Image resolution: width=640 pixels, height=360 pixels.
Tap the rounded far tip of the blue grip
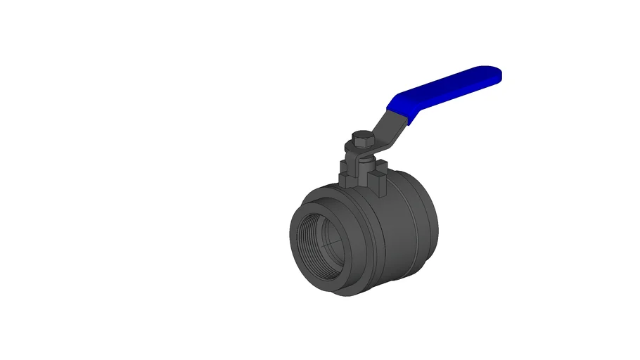tap(497, 74)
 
